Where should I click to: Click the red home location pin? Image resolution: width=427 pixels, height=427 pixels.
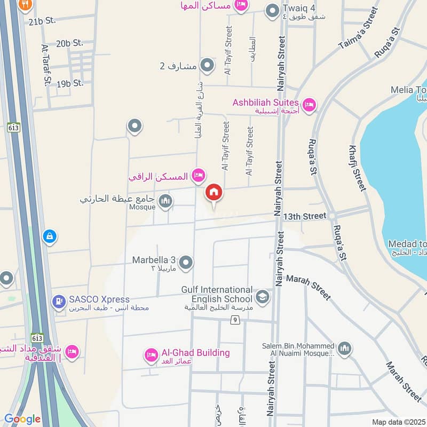[x=214, y=193]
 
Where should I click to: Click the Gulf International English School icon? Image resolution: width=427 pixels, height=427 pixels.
[x=262, y=297]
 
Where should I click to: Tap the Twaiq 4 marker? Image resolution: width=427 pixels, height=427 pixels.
[x=273, y=11]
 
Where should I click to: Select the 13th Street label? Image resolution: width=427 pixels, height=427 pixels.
[x=304, y=216]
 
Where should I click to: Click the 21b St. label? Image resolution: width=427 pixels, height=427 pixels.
[x=42, y=21]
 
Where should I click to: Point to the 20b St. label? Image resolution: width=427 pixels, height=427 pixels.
[x=70, y=43]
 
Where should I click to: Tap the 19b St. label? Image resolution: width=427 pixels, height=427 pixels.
[x=70, y=83]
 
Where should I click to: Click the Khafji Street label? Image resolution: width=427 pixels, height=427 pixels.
[x=357, y=168]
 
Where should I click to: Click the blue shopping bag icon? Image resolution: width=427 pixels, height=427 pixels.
[x=49, y=235]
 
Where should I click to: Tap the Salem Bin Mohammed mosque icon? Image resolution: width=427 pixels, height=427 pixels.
[x=345, y=349]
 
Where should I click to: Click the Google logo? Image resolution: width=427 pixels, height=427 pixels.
[x=22, y=419]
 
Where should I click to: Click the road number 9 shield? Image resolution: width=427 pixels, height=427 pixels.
[x=234, y=320]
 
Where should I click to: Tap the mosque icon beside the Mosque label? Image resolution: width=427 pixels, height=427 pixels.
[x=166, y=201]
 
